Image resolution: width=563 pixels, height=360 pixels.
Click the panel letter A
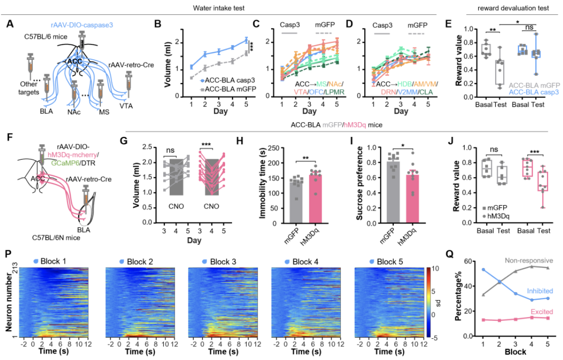[x=10, y=24]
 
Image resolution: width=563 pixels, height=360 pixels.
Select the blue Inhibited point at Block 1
[x=482, y=270]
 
